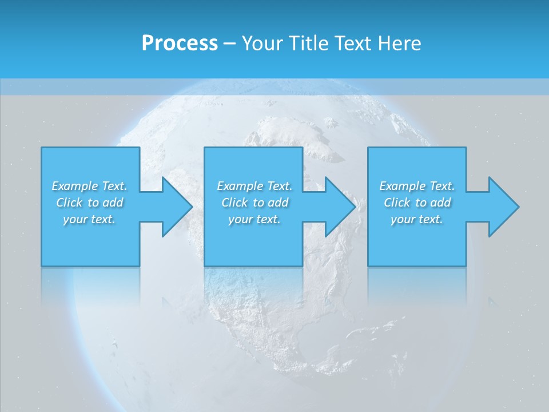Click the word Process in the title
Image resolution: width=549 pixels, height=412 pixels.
(x=180, y=43)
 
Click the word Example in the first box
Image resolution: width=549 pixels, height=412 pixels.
(x=74, y=186)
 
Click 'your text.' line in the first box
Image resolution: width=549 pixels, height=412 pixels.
(x=89, y=219)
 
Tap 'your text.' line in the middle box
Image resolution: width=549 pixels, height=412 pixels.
(x=254, y=219)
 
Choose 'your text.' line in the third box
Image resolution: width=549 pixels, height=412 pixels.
(x=417, y=219)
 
